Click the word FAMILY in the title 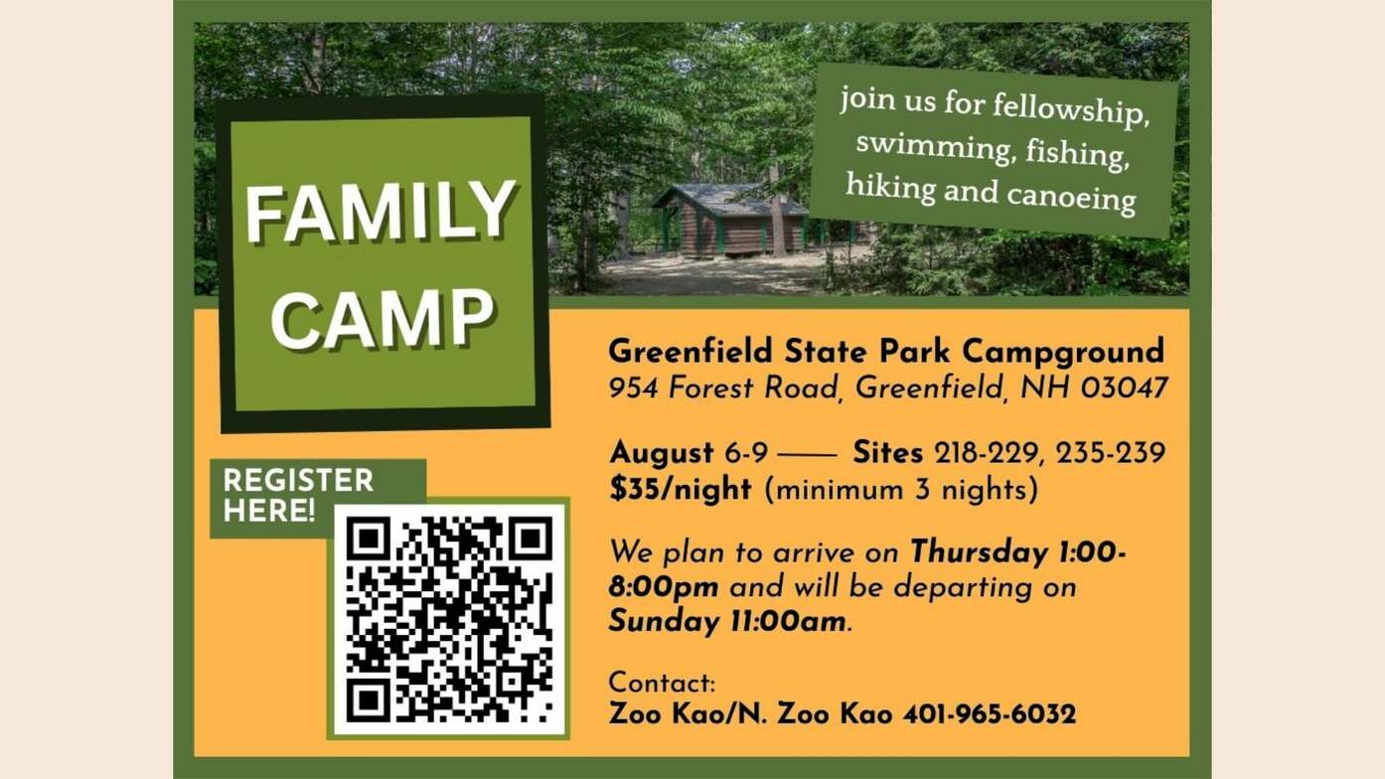381,212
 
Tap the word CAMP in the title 384,318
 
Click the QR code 449,619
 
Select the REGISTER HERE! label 299,496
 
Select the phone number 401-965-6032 990,714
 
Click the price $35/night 681,490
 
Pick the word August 663,454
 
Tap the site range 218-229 986,453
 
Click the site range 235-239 1111,453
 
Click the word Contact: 663,684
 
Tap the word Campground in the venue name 1063,353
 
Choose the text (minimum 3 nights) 901,490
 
